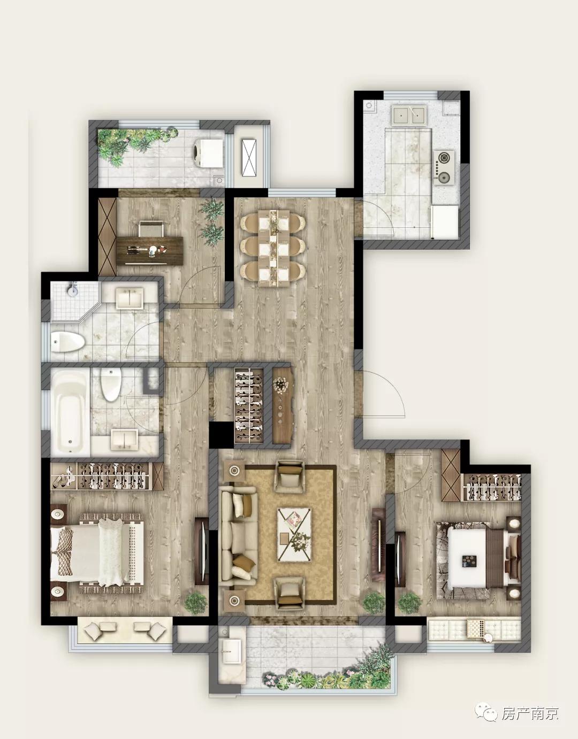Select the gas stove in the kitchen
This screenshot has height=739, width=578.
point(444,168)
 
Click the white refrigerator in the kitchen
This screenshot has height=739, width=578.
point(445,221)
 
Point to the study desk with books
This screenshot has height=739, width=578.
point(150,251)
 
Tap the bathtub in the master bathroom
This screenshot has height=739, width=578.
point(71,412)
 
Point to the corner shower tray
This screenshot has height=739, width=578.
point(73,301)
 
